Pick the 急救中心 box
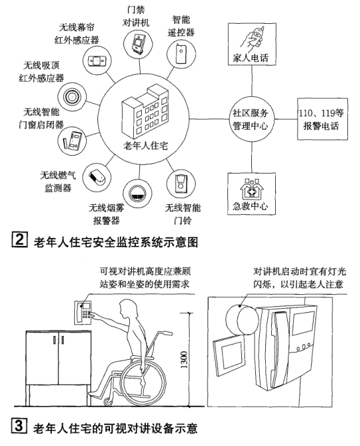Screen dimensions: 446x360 pos(251,193)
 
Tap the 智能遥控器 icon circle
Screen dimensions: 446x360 pos(182,52)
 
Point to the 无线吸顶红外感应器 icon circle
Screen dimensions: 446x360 pos(71,93)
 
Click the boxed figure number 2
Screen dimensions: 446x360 pos(10,237)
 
